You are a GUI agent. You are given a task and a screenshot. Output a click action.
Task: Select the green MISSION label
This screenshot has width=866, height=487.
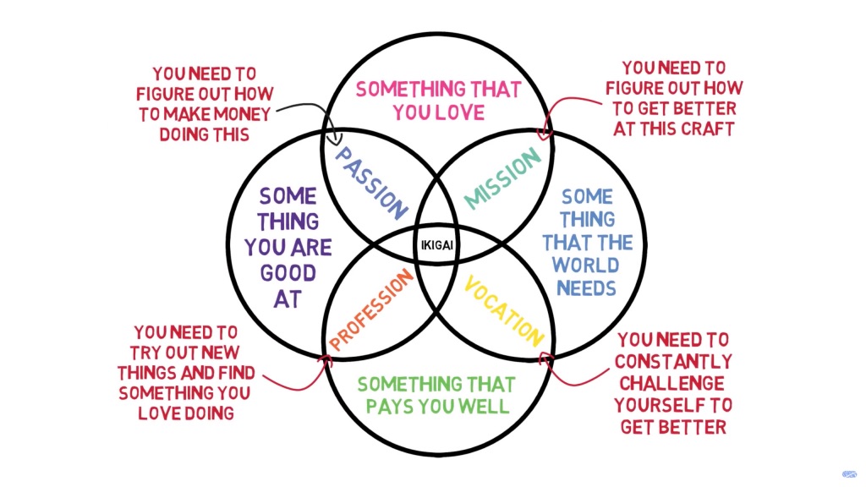502,178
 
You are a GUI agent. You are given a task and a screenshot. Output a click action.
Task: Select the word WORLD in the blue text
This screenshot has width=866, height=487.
586,265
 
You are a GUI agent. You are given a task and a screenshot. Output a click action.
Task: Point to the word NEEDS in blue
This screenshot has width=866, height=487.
586,287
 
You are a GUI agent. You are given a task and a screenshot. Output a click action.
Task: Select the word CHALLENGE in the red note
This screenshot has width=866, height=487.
674,383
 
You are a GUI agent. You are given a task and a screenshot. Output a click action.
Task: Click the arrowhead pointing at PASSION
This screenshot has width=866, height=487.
338,135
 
